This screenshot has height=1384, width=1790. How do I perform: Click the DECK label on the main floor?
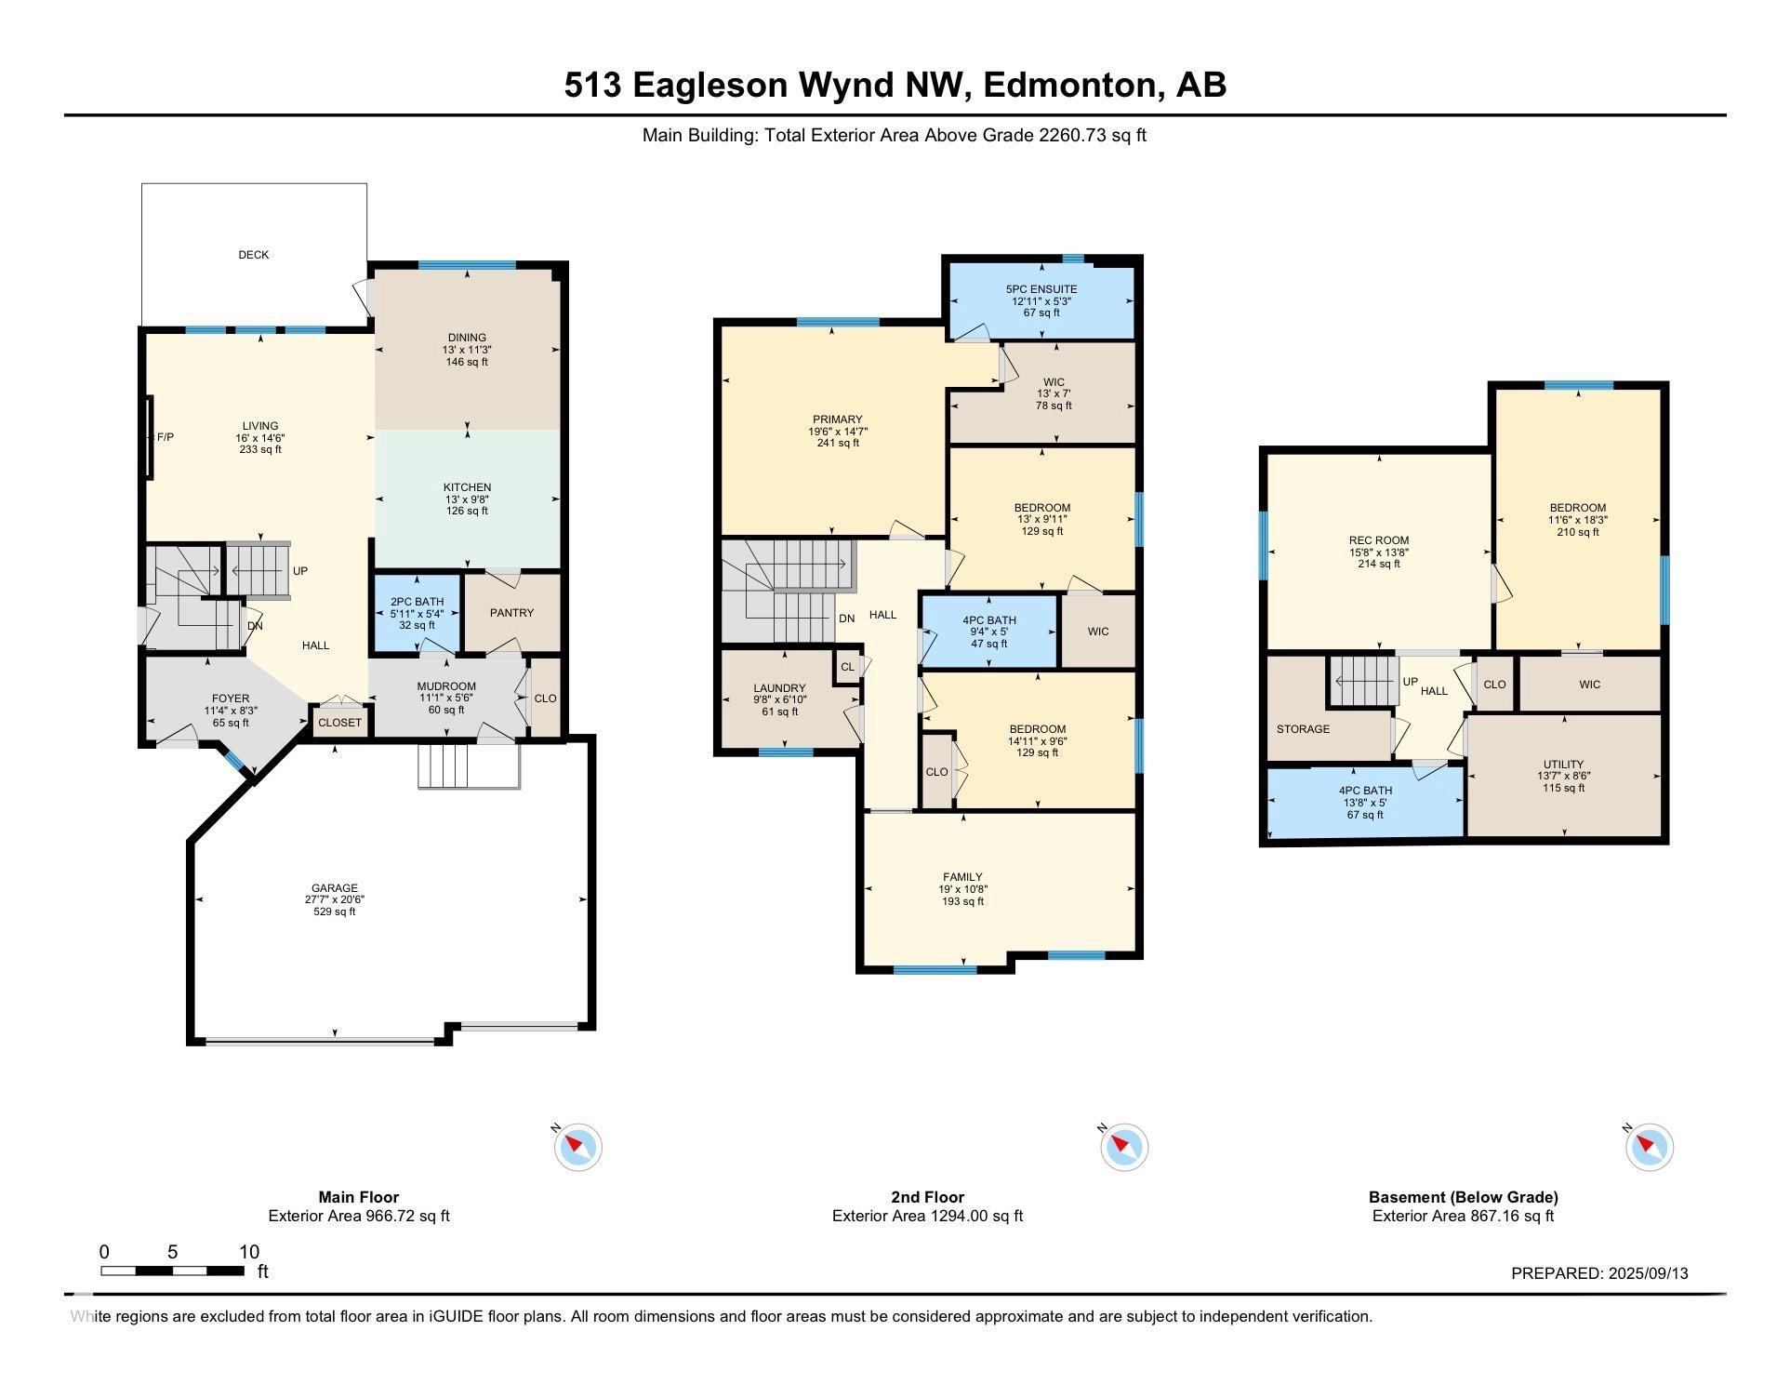coord(254,255)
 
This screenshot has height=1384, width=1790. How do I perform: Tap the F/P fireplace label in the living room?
coord(166,437)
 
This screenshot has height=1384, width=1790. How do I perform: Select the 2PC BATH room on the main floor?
coord(418,614)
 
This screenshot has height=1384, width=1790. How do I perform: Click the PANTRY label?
coord(512,613)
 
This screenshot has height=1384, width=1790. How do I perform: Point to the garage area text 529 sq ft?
coord(335,912)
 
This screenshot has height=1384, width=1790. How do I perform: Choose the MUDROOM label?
coord(446,686)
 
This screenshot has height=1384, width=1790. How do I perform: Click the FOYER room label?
coord(231,699)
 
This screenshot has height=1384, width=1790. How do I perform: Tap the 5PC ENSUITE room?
coord(1041,300)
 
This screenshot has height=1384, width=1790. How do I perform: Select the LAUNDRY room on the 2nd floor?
coord(779,699)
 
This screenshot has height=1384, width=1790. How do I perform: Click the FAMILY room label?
coord(962,877)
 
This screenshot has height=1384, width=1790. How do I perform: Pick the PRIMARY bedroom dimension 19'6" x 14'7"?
coord(838,432)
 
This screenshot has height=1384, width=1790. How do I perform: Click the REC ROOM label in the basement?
coord(1379,540)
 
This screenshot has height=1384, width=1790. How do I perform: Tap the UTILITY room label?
coord(1563,765)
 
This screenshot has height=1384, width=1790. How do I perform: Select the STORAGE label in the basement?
coord(1303,729)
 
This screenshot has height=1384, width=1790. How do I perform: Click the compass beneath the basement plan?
coord(1650,1147)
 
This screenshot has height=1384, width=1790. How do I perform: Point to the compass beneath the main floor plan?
coord(578,1147)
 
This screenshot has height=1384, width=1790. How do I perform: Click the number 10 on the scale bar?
coord(249,1252)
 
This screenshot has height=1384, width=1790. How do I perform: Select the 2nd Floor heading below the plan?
coord(927,1198)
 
